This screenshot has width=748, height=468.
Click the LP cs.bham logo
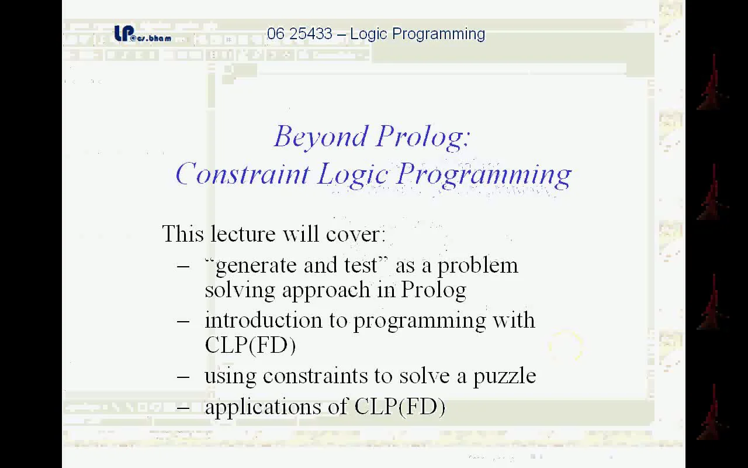point(142,34)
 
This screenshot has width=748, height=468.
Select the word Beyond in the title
point(320,137)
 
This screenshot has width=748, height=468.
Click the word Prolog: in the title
point(423,137)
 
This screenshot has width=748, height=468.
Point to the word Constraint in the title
point(242,174)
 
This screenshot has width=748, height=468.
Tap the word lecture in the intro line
point(244,234)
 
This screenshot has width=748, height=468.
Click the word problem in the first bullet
point(477,266)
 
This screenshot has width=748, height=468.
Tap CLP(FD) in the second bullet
point(250,345)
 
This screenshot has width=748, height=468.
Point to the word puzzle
point(504,376)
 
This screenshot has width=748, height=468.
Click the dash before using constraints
point(183,376)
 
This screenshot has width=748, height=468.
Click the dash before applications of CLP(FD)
point(183,407)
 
